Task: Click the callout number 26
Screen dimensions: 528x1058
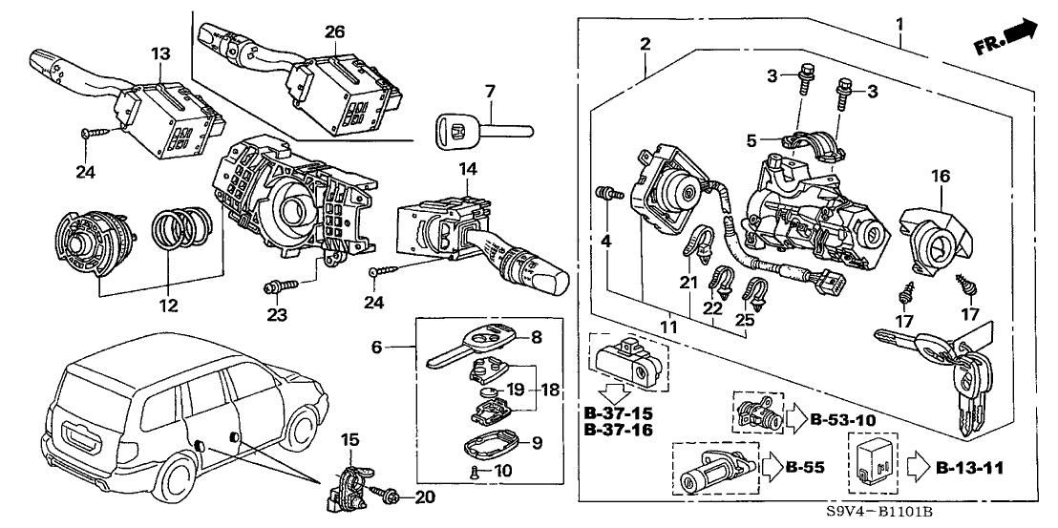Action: click(334, 31)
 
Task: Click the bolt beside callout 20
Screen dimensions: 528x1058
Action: click(391, 496)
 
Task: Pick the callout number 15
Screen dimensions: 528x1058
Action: click(350, 439)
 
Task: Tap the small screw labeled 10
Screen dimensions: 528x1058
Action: click(474, 469)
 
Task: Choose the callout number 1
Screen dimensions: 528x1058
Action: click(899, 22)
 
